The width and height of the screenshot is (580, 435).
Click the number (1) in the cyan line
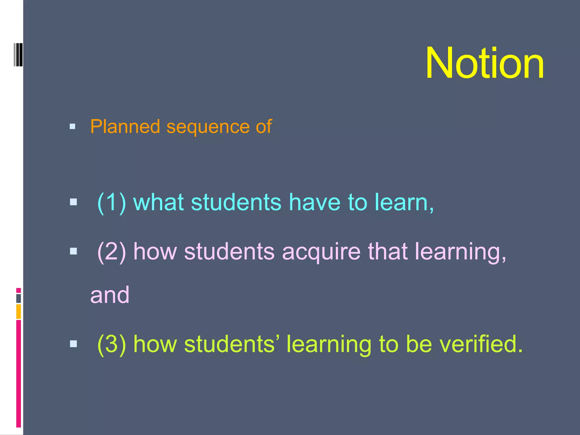111,202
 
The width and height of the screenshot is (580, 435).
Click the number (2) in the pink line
111,251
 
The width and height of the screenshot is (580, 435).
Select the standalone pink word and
110,295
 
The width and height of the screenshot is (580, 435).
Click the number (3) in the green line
111,344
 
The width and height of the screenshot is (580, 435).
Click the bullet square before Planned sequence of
72,127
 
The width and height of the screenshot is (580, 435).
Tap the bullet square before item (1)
73,202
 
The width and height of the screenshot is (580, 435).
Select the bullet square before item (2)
73,251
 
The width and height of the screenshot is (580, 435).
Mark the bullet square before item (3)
73,344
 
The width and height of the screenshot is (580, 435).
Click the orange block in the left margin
18,311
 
